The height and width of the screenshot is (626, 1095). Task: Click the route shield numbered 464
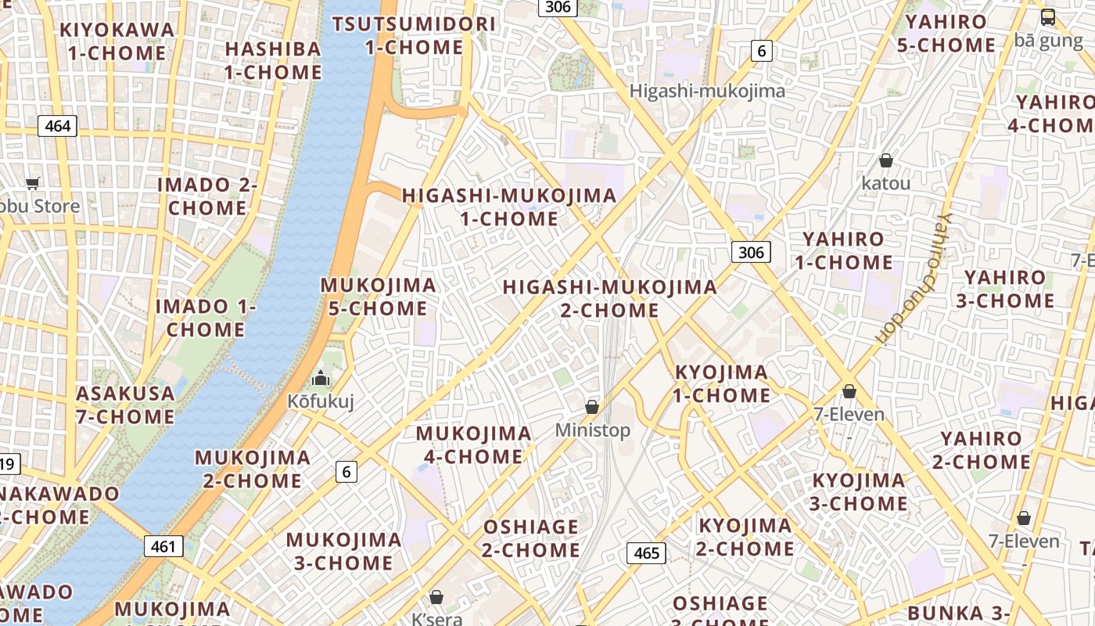pyautogui.click(x=58, y=126)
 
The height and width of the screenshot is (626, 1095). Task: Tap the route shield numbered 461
pyautogui.click(x=163, y=546)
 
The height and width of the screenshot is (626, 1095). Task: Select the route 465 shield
pyautogui.click(x=646, y=553)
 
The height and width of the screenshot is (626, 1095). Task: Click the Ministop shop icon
pyautogui.click(x=592, y=407)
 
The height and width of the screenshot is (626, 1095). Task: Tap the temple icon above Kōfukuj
pyautogui.click(x=321, y=380)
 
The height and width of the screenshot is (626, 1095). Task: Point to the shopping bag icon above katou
pyautogui.click(x=885, y=160)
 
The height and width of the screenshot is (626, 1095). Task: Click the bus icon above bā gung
pyautogui.click(x=1047, y=16)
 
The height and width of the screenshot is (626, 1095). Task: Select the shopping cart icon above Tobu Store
pyautogui.click(x=32, y=183)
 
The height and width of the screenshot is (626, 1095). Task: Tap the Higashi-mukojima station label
pyautogui.click(x=707, y=91)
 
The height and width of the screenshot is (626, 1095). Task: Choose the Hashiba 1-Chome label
pyautogui.click(x=273, y=60)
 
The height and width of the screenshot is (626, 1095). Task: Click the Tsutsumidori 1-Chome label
pyautogui.click(x=414, y=35)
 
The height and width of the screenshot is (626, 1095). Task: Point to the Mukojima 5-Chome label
pyautogui.click(x=378, y=297)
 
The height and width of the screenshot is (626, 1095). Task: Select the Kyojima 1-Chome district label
pyautogui.click(x=721, y=383)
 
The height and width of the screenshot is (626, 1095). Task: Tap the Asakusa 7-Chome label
pyautogui.click(x=125, y=405)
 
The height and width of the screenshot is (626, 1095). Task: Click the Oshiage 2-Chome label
pyautogui.click(x=530, y=538)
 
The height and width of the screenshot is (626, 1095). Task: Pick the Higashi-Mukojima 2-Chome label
pyautogui.click(x=609, y=298)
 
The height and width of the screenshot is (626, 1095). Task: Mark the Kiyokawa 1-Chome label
pyautogui.click(x=117, y=41)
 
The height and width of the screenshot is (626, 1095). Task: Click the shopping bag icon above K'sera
pyautogui.click(x=436, y=597)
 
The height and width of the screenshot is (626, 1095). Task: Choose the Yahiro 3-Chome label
pyautogui.click(x=1008, y=289)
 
